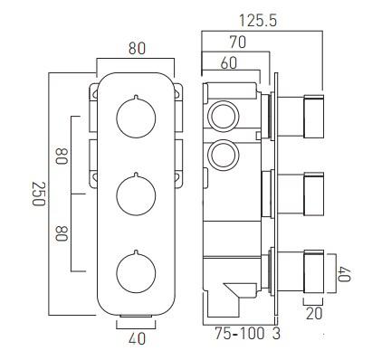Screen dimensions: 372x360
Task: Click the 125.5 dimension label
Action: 257,21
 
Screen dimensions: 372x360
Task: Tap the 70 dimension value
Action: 238,43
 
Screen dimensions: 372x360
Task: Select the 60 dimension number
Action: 229,63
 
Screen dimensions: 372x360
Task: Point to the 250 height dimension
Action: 39,194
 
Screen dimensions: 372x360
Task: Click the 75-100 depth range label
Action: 240,334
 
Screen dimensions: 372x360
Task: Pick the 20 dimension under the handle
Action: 314,314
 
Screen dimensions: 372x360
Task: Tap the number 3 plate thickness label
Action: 276,334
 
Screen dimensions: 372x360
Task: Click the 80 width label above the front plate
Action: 137,49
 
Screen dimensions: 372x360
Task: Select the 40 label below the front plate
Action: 137,339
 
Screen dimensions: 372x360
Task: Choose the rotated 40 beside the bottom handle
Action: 344,273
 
